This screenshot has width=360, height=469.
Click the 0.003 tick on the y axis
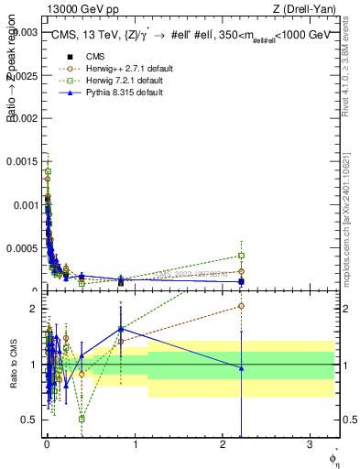pyautogui.click(x=25, y=31)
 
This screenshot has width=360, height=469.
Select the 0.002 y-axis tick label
pyautogui.click(x=25, y=118)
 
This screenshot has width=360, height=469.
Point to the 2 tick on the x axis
pyautogui.click(x=224, y=443)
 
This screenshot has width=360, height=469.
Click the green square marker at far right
pyautogui.click(x=241, y=256)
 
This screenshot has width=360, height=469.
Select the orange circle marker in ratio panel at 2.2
pyautogui.click(x=241, y=306)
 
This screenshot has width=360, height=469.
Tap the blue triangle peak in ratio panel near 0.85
pyautogui.click(x=121, y=329)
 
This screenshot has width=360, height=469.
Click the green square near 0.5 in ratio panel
pyautogui.click(x=82, y=419)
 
